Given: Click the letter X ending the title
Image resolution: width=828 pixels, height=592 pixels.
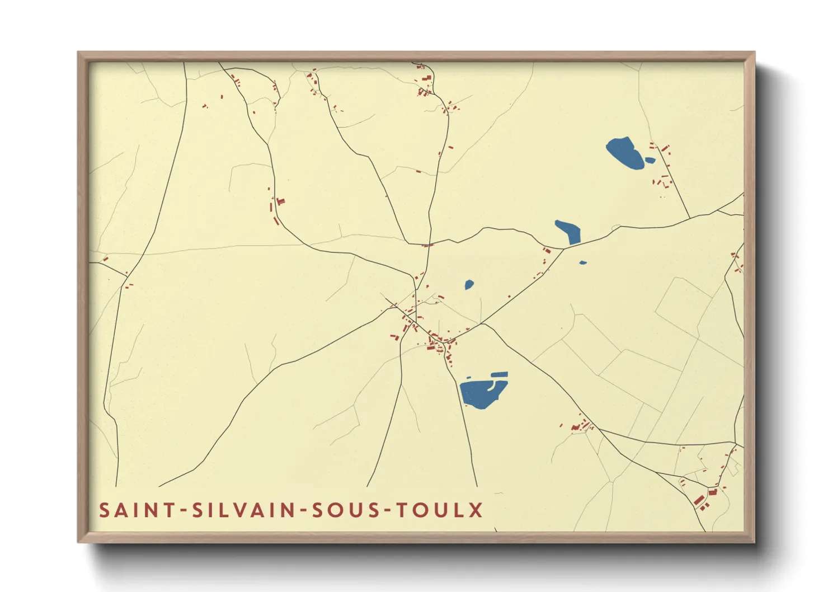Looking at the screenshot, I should [476, 510].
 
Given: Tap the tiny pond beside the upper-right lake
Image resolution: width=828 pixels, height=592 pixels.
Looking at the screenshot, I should [650, 161].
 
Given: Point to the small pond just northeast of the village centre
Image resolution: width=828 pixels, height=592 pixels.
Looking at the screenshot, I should [469, 285].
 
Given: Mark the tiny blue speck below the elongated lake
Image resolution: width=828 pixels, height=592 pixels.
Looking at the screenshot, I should [583, 262].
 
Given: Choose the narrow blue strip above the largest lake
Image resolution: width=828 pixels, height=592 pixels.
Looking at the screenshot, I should [499, 374].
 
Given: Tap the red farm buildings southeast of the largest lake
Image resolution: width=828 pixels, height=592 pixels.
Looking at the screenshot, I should [579, 427].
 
